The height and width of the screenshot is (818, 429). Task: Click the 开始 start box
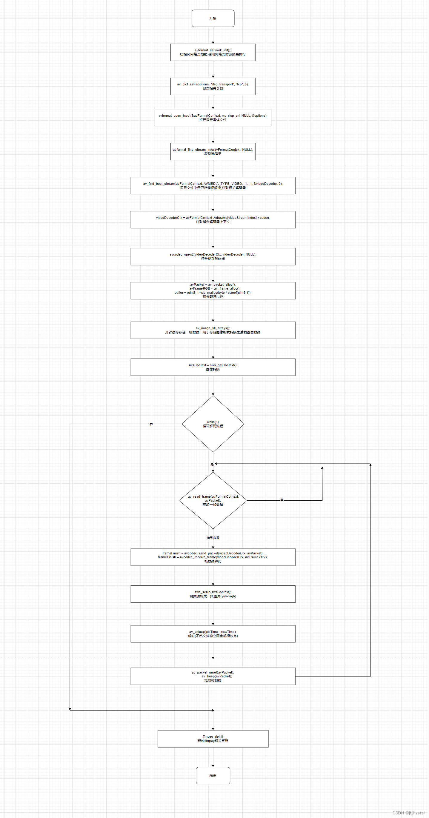213,19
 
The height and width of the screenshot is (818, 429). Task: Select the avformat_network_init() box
213,53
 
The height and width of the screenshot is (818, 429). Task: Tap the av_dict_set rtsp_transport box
213,86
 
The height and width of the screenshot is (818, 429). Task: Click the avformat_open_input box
213,118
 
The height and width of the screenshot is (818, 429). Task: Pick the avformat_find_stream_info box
213,152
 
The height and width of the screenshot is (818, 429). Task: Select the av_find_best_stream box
213,186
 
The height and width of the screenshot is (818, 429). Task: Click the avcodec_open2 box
213,256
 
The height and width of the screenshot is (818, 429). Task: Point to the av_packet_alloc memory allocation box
213,290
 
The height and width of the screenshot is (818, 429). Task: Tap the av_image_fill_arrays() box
213,330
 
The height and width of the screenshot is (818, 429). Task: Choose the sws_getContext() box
213,368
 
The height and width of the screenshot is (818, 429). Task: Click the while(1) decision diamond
213,424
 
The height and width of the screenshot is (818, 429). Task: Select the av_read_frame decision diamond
213,500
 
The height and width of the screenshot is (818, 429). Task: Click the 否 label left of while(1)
151,425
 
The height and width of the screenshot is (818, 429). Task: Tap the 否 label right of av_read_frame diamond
282,499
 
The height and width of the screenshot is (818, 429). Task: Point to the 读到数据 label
213,538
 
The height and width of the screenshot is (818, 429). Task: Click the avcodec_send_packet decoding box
213,557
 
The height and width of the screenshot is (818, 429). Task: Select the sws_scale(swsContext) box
213,594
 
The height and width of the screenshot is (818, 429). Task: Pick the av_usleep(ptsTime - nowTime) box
213,634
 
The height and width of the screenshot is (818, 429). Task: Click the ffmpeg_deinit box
213,739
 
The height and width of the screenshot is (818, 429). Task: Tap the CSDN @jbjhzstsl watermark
408,813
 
